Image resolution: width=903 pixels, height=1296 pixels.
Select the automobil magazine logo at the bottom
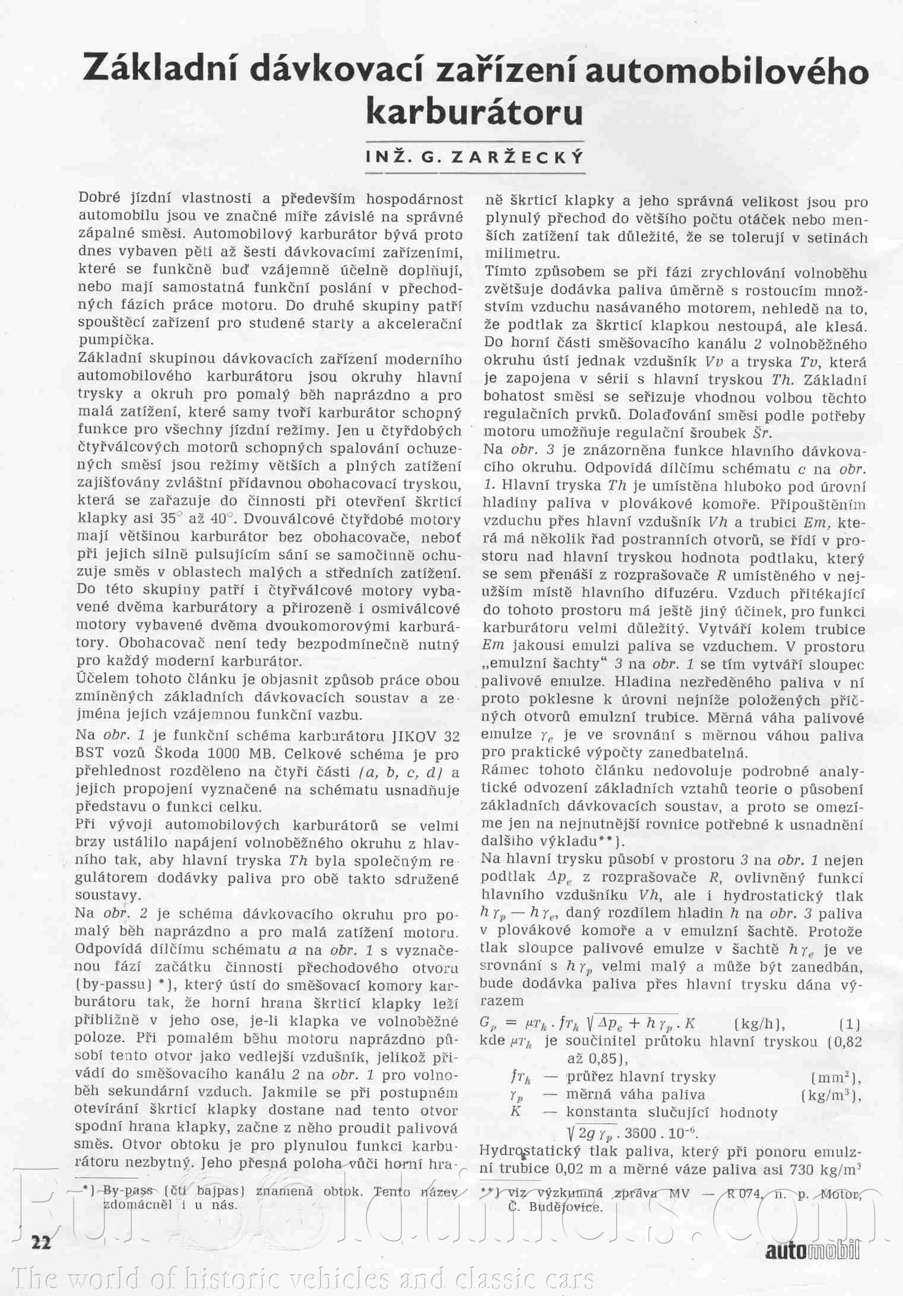click(812, 1248)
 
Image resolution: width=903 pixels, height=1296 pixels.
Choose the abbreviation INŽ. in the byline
click(387, 157)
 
